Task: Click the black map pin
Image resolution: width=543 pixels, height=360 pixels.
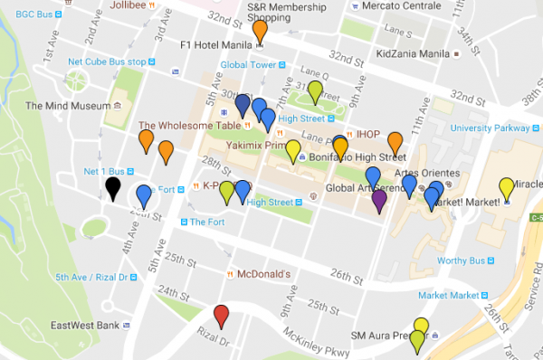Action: [x=112, y=187]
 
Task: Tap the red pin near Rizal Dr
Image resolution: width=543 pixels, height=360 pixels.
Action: [x=221, y=316]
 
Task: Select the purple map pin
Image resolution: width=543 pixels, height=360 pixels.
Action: [x=379, y=199]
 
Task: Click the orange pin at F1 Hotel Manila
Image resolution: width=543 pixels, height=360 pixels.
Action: [x=261, y=30]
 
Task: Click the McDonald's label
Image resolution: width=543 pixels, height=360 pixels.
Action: [x=262, y=273]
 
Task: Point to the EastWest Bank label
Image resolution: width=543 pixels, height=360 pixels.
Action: [x=86, y=326]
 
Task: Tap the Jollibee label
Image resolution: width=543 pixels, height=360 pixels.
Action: [x=128, y=5]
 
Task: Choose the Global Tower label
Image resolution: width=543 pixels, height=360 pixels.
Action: [x=247, y=65]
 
